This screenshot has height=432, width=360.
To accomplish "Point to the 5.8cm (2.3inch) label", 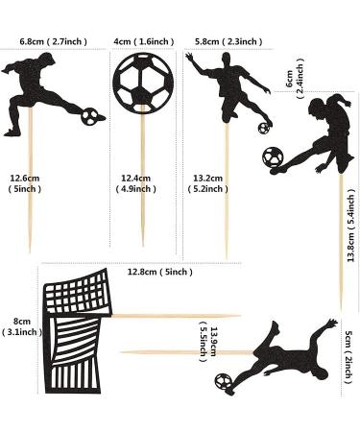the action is click(x=228, y=42).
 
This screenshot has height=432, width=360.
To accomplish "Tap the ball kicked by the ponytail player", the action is click(x=274, y=155).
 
